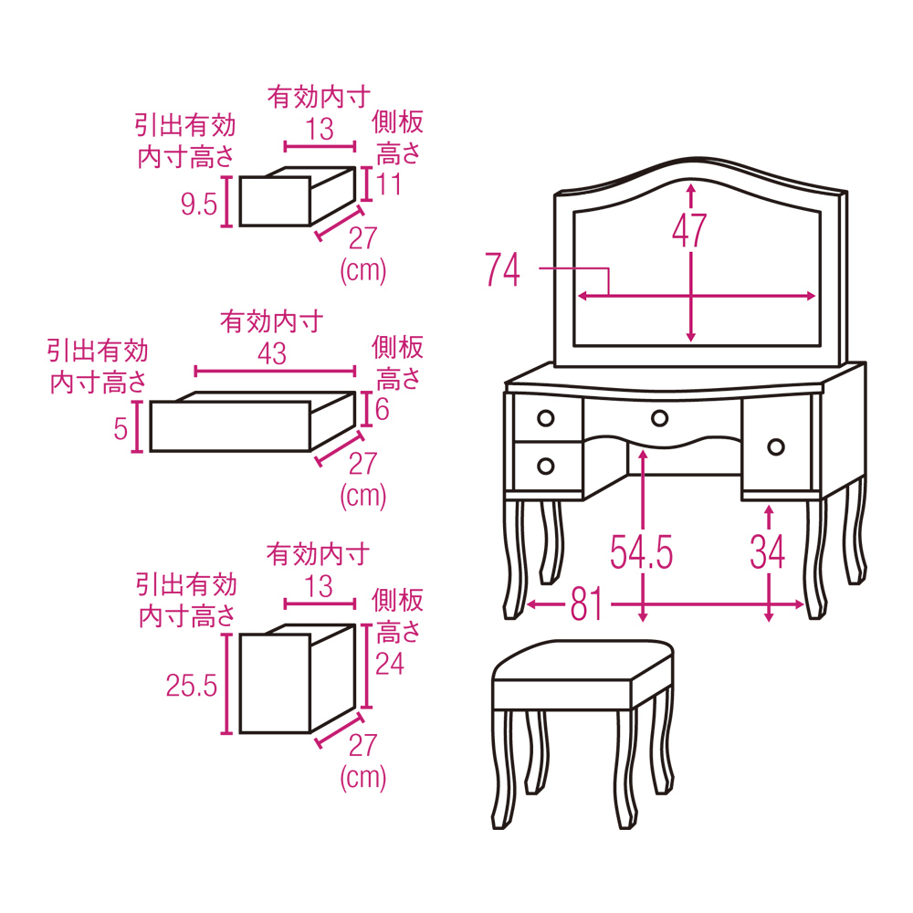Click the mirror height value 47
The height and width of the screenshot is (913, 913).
click(x=689, y=231)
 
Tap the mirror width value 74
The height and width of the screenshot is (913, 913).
click(x=502, y=269)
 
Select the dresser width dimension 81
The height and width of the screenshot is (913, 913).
click(x=586, y=603)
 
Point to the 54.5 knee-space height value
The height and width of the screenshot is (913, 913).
click(x=641, y=552)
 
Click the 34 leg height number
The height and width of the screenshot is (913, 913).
click(x=768, y=552)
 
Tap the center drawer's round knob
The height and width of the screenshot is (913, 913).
click(x=660, y=418)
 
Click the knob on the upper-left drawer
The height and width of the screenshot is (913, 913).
click(x=546, y=418)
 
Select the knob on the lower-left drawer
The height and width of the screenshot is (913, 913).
click(x=546, y=466)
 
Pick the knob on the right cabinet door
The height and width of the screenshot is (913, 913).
click(x=775, y=447)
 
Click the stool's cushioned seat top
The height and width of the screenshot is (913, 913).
click(x=583, y=660)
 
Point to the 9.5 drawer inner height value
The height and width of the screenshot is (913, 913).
click(x=198, y=204)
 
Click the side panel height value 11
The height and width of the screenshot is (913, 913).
click(x=388, y=184)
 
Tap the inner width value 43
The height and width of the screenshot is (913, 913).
click(x=272, y=353)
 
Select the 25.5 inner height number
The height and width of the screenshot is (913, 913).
click(x=191, y=686)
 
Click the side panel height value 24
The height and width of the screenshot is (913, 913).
click(x=390, y=663)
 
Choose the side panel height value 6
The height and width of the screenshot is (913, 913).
click(x=382, y=409)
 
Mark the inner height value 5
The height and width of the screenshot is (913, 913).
click(x=121, y=429)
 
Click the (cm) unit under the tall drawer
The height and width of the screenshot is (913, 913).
click(x=362, y=778)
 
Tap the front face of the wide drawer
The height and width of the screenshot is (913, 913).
click(x=231, y=426)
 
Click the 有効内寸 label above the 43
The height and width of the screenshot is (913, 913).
click(x=271, y=321)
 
